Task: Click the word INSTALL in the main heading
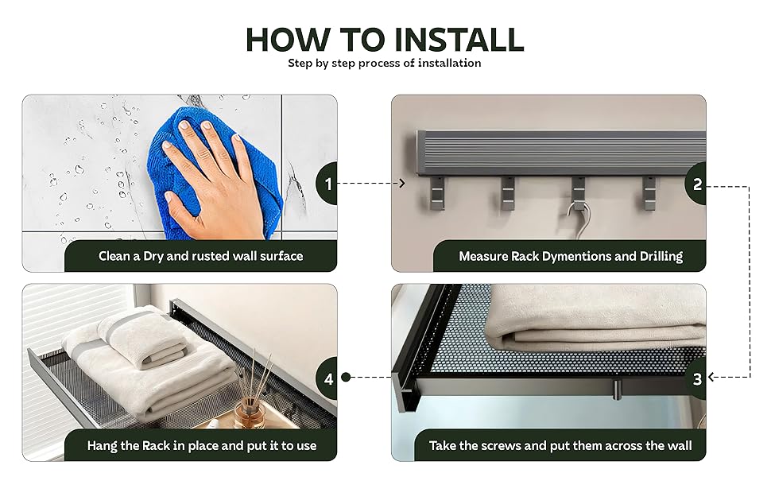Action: coord(459,39)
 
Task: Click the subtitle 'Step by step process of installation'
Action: coord(385,64)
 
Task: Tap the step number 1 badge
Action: coord(327,184)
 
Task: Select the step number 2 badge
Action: coord(696,184)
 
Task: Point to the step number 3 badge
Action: coord(696,378)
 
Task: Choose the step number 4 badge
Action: coord(327,378)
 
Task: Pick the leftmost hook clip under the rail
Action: coord(437,192)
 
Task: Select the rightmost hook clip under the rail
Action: coord(649,192)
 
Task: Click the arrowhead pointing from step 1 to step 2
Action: coord(401,184)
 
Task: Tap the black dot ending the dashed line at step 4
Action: coord(346,377)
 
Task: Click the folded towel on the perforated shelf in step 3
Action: coord(595,319)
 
